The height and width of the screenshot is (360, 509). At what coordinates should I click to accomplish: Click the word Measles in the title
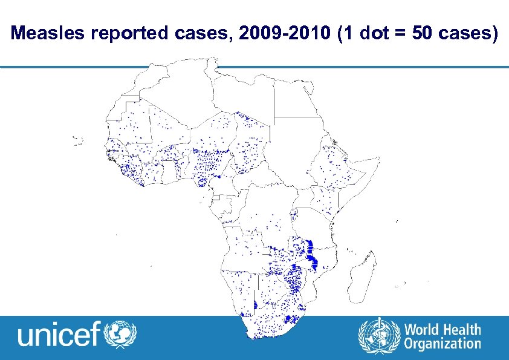click(x=49, y=34)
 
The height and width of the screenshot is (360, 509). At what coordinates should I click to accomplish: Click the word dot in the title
click(x=371, y=34)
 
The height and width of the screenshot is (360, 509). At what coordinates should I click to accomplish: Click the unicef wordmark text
click(x=59, y=335)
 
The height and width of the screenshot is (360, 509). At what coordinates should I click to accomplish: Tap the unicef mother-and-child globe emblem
click(x=121, y=334)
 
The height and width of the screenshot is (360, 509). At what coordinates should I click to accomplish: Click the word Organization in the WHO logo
click(x=443, y=344)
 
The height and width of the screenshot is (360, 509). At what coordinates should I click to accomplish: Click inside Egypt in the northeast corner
click(x=296, y=97)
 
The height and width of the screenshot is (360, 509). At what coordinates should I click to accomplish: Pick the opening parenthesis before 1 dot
click(x=343, y=34)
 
